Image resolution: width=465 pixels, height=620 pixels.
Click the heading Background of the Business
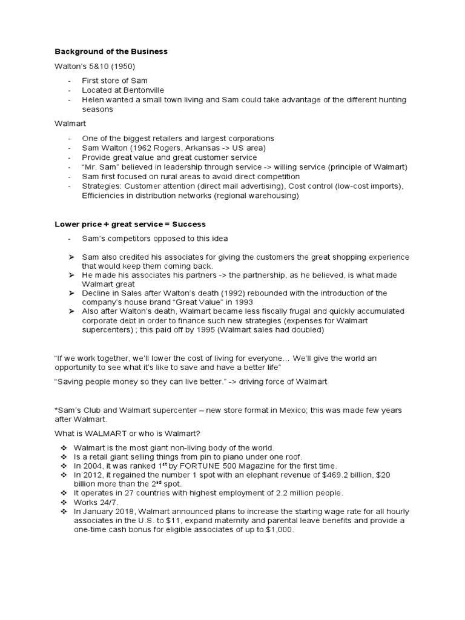pyautogui.click(x=111, y=52)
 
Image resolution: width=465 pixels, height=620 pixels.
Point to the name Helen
pyautogui.click(x=93, y=99)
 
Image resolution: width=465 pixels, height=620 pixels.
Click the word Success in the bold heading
pyautogui.click(x=189, y=225)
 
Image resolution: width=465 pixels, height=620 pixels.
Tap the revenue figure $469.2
pyautogui.click(x=337, y=475)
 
